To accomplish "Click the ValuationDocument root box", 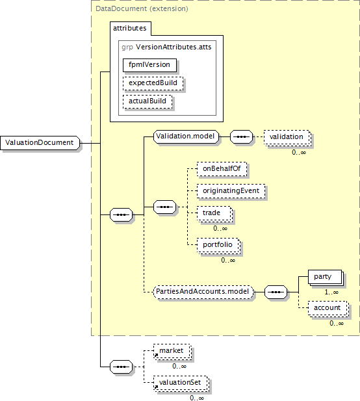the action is (40, 143).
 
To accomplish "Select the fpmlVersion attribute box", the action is (149, 65).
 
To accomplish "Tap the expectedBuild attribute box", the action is (153, 83).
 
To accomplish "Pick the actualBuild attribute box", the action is (148, 101).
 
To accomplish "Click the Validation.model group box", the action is (186, 136).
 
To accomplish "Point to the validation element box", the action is (287, 138).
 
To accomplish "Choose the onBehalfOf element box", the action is (222, 169).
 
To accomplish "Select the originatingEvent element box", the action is (231, 191).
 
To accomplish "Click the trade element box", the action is (214, 214).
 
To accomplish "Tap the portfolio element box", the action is (218, 246).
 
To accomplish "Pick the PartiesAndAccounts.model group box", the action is (203, 292).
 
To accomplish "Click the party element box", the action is (326, 278).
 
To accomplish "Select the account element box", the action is (328, 309).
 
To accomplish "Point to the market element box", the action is (172, 352).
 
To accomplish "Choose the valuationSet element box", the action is (181, 383).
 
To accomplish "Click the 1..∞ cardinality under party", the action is (331, 292).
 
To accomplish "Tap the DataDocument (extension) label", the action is (142, 8).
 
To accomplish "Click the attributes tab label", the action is (130, 28).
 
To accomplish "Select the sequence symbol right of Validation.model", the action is (241, 137).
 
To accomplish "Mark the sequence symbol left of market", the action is (122, 367).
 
